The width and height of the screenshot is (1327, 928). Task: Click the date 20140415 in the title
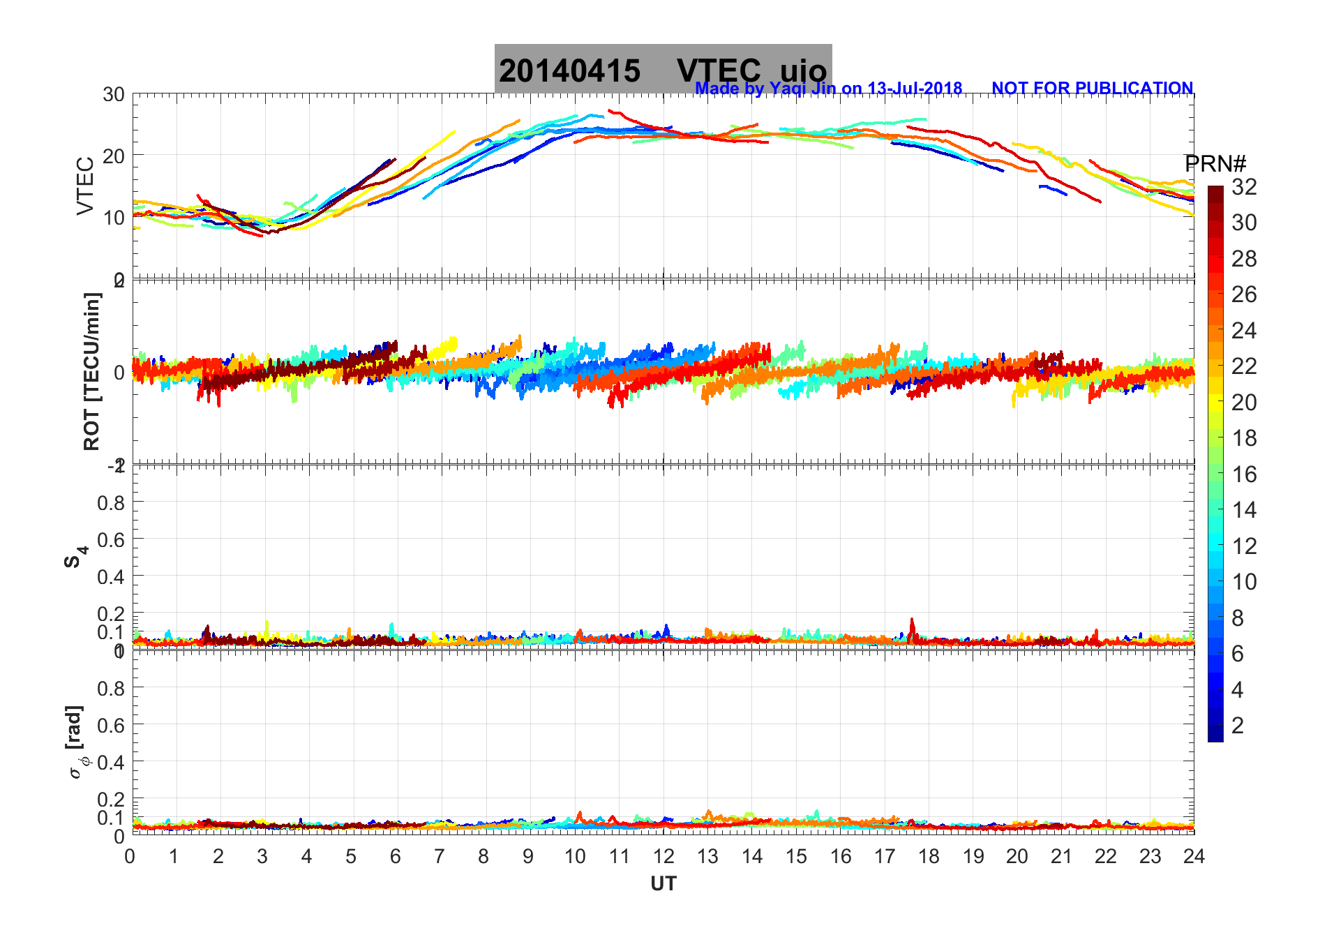tap(569, 71)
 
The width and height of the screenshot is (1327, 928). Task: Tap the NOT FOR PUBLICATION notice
tap(1092, 89)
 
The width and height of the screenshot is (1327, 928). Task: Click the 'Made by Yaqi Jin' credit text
tap(828, 89)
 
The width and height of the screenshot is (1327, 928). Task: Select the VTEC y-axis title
tap(85, 186)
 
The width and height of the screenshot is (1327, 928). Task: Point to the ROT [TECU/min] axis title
tap(91, 371)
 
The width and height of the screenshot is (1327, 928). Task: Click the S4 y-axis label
tap(75, 556)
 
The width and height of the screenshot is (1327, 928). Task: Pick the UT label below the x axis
tap(663, 884)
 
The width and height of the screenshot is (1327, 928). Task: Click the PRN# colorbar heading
tap(1215, 164)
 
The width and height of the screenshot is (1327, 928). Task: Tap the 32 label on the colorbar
tap(1244, 186)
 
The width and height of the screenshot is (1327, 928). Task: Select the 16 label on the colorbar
tap(1244, 474)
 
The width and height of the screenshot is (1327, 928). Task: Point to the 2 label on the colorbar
tap(1238, 726)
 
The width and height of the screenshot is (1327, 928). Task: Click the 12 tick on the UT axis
tap(663, 856)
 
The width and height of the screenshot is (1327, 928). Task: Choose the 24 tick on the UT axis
tap(1194, 856)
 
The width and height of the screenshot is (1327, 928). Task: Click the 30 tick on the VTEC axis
tap(113, 95)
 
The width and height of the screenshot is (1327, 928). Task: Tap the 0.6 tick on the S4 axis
tap(111, 539)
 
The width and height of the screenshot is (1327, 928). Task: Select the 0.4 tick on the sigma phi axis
tap(111, 762)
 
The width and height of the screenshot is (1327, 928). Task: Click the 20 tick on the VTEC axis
tap(113, 156)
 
